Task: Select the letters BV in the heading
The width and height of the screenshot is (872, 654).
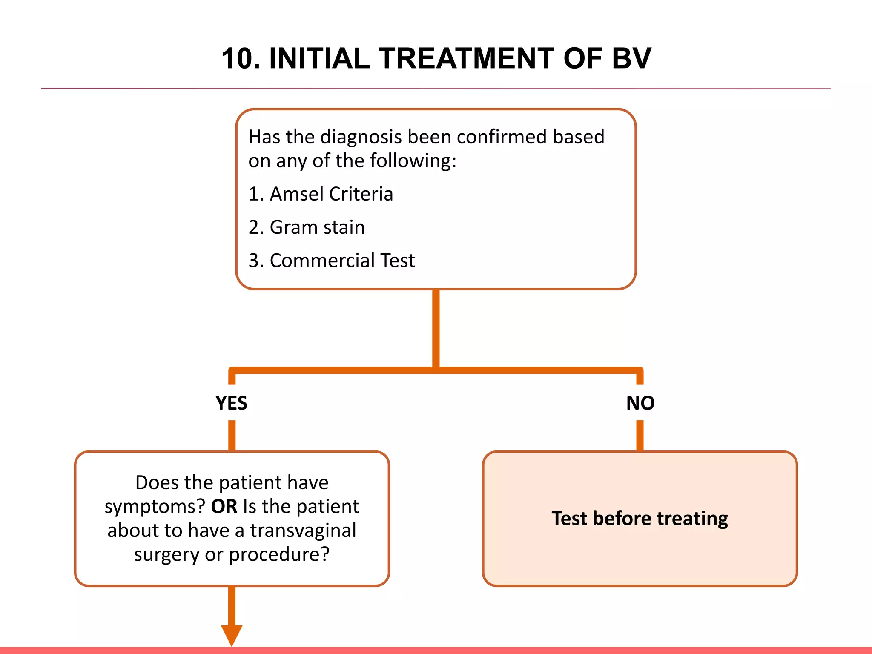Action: tap(631, 58)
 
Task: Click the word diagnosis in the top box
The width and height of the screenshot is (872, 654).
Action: tap(361, 137)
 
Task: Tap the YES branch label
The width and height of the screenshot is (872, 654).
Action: tap(231, 403)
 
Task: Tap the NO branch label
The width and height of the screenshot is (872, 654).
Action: tap(640, 403)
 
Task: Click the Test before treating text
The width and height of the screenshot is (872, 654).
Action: tap(640, 519)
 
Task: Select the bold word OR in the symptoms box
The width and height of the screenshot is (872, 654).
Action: tap(224, 507)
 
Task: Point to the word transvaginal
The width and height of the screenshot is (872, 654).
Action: tap(303, 531)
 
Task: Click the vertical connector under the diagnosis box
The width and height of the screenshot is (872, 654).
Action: tap(436, 328)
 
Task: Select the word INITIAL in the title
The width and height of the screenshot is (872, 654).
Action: tap(319, 58)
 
